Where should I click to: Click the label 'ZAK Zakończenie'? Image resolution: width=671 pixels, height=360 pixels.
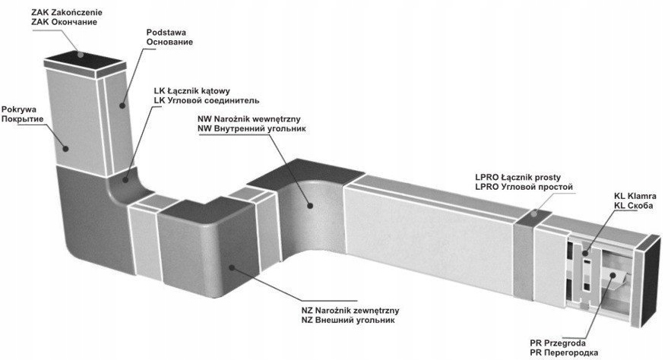tap(67, 13)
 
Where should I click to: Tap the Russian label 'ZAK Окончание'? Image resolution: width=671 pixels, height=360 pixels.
tap(64, 24)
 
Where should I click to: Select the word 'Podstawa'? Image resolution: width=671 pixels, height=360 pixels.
tap(166, 33)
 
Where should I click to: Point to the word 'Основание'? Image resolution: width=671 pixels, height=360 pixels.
tap(169, 43)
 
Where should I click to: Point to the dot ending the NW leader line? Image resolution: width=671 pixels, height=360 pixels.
tap(309, 204)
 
